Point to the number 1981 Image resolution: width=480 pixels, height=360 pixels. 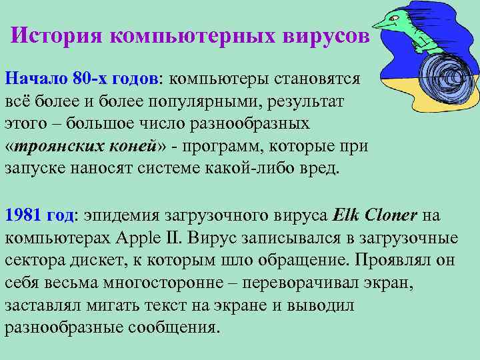(x=25, y=216)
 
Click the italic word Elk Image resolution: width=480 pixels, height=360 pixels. (x=345, y=216)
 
